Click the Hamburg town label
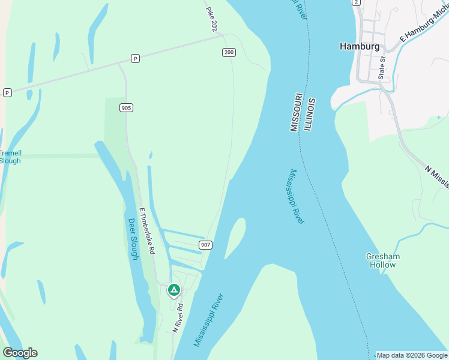[360, 46]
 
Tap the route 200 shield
[229, 53]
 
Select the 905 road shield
[126, 107]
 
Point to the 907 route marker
[205, 245]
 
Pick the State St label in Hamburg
[381, 68]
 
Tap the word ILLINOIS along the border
[310, 115]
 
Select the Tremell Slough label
[10, 157]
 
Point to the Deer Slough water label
[133, 238]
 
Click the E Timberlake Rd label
[148, 230]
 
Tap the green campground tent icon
[173, 290]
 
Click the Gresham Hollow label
[383, 260]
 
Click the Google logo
[20, 353]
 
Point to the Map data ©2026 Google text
[411, 355]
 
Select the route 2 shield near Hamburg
[357, 2]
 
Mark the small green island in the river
[236, 237]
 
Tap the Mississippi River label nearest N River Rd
[208, 320]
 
